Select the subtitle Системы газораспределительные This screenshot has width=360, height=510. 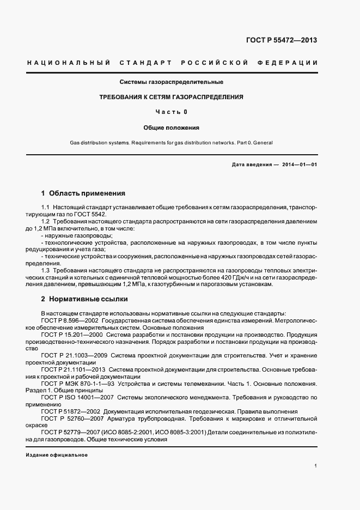point(172,82)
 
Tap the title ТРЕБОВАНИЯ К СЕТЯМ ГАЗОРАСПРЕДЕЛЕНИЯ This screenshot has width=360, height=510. point(170,97)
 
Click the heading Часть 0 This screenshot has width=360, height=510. point(172,112)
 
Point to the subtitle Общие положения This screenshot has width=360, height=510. point(172,127)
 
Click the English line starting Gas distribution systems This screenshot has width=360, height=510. point(170,143)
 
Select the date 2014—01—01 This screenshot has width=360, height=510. point(299,165)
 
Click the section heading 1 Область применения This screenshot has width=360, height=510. point(83,193)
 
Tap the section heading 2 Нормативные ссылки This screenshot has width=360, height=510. point(86,299)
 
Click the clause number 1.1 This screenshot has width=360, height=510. point(46,208)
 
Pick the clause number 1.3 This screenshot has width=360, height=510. point(46,270)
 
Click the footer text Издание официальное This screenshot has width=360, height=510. point(57,454)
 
